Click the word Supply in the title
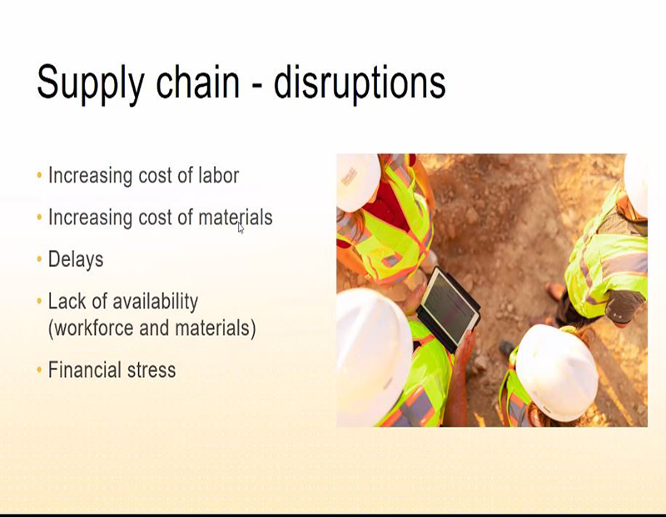[91, 84]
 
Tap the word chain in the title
[198, 81]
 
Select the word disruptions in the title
[360, 84]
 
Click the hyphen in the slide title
[256, 85]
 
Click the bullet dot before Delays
[39, 259]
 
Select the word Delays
[76, 259]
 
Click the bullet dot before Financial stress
[39, 369]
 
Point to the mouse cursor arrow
[241, 228]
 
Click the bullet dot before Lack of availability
[39, 301]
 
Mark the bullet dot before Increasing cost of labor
[39, 175]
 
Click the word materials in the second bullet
[236, 217]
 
